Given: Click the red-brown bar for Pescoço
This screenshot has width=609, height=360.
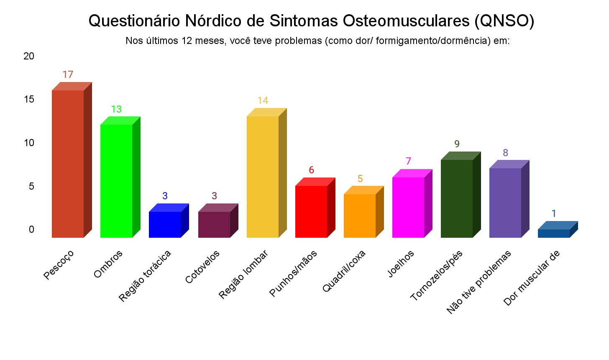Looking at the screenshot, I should (68, 163).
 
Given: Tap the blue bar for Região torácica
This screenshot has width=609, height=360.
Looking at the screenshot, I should (165, 224).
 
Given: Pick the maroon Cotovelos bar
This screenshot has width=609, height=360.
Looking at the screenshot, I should (214, 224).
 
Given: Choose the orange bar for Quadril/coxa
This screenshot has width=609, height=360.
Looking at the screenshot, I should (360, 216).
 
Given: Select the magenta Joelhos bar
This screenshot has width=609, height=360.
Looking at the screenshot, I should (408, 207).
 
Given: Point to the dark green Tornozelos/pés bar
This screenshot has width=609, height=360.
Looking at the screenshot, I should (457, 198).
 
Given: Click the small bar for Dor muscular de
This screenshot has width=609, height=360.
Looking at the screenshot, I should (554, 233).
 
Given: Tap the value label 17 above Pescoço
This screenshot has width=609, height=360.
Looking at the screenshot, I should (68, 75).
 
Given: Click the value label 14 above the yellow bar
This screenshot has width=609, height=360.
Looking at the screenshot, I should (263, 100).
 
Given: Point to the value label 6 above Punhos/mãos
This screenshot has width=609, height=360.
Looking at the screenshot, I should (311, 170).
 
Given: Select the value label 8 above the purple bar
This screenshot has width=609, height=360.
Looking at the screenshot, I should (505, 153).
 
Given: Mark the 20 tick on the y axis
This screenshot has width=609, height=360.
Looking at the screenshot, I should (29, 56).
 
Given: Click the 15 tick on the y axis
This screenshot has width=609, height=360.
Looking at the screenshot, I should (29, 100).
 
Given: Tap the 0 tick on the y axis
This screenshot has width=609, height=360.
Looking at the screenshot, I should (31, 229).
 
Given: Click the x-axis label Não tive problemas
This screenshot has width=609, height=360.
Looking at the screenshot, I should (479, 282).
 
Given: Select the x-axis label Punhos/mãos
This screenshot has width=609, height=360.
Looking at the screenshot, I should (294, 273).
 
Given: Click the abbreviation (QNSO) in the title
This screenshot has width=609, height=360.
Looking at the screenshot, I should (504, 21).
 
